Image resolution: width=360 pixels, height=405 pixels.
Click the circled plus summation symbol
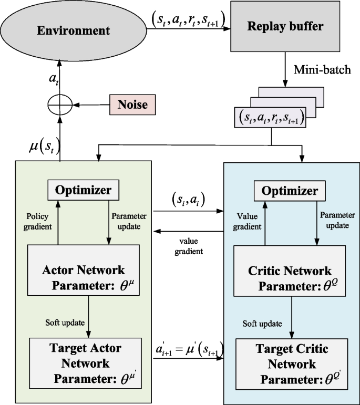(59, 106)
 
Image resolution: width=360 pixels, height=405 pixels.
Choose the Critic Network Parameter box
(290, 278)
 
